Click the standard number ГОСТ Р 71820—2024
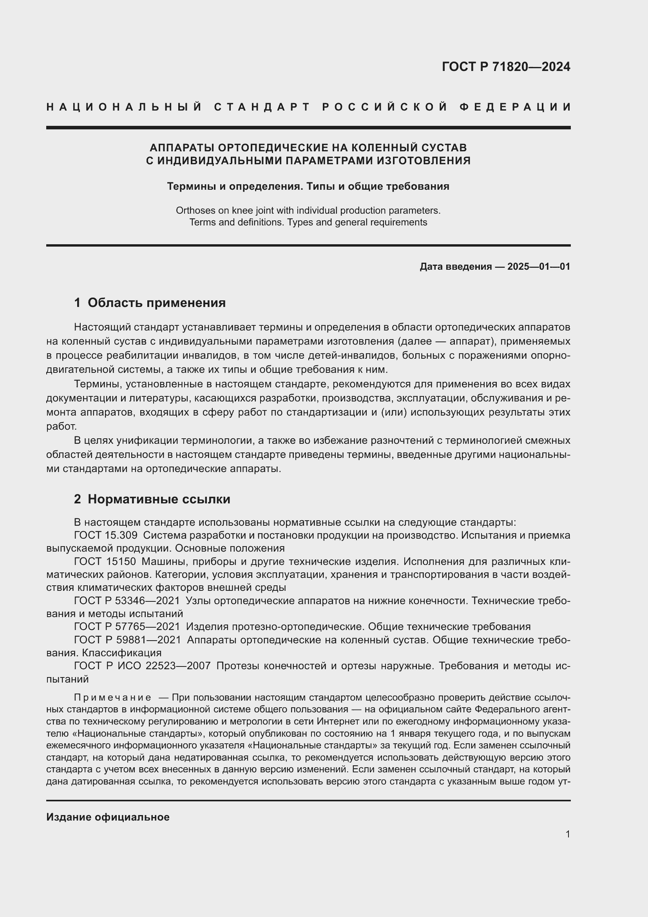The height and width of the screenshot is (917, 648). pyautogui.click(x=505, y=67)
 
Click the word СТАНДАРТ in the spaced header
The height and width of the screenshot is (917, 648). pyautogui.click(x=262, y=107)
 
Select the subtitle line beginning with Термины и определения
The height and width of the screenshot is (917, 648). pyautogui.click(x=308, y=187)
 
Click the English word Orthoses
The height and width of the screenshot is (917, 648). pyautogui.click(x=194, y=211)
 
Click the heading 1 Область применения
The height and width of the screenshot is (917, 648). pyautogui.click(x=150, y=303)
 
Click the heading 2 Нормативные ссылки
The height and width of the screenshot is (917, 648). pyautogui.click(x=152, y=499)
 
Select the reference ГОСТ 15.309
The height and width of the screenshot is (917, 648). pyautogui.click(x=106, y=535)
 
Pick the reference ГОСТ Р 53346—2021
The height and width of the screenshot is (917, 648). pyautogui.click(x=127, y=601)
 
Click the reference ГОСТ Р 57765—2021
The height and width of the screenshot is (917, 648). pyautogui.click(x=127, y=626)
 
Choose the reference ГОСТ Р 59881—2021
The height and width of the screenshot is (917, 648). pyautogui.click(x=127, y=640)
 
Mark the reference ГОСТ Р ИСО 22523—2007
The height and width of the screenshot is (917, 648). pyautogui.click(x=142, y=666)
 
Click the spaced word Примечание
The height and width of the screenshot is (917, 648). pyautogui.click(x=112, y=698)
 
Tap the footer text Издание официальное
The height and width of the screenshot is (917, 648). pyautogui.click(x=108, y=817)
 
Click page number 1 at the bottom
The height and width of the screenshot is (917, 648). pyautogui.click(x=567, y=834)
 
